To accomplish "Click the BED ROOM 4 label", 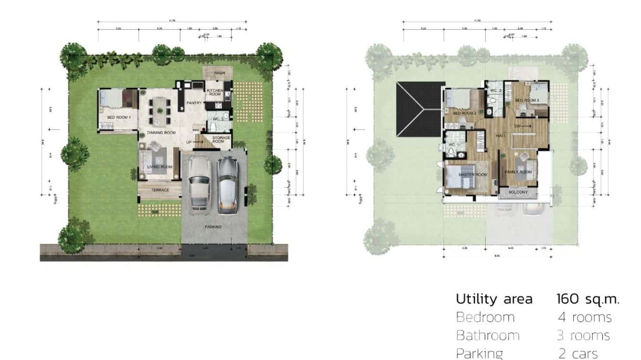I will [x=116, y=117].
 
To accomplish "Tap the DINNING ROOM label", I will [x=161, y=133].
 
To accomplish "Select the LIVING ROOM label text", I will [x=160, y=167].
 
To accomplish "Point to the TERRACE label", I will [x=160, y=190].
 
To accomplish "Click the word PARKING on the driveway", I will [x=213, y=227].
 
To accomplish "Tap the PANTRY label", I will [x=194, y=103].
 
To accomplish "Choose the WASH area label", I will [x=219, y=73].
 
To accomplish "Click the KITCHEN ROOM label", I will [x=214, y=92].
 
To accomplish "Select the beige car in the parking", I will [x=198, y=183].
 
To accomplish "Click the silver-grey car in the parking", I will [x=228, y=184].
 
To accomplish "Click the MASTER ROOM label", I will [x=472, y=175].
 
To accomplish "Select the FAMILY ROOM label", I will [x=518, y=172].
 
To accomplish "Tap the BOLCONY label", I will [x=518, y=192].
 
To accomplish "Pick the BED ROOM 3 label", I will [x=527, y=100].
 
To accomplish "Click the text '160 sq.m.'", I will [x=588, y=299].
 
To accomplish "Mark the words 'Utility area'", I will [x=494, y=299].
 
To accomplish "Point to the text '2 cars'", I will [x=578, y=354].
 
